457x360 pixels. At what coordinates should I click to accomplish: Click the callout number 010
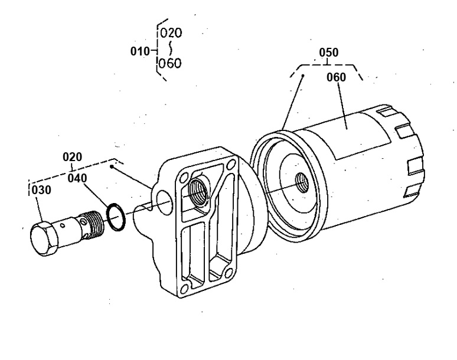tap(139, 51)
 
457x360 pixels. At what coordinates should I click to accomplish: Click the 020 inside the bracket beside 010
tap(171, 33)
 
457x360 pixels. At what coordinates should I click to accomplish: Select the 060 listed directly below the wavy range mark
tap(170, 63)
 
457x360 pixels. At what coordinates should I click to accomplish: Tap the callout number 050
tap(329, 53)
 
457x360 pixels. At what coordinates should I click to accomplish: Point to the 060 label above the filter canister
tap(336, 77)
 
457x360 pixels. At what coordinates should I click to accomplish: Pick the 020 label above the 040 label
tap(72, 157)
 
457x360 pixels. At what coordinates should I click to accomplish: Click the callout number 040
tap(77, 178)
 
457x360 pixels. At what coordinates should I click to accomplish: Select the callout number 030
tap(41, 190)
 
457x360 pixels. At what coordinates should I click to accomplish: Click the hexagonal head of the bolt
tap(44, 238)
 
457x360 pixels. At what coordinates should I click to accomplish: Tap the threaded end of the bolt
tap(93, 223)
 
